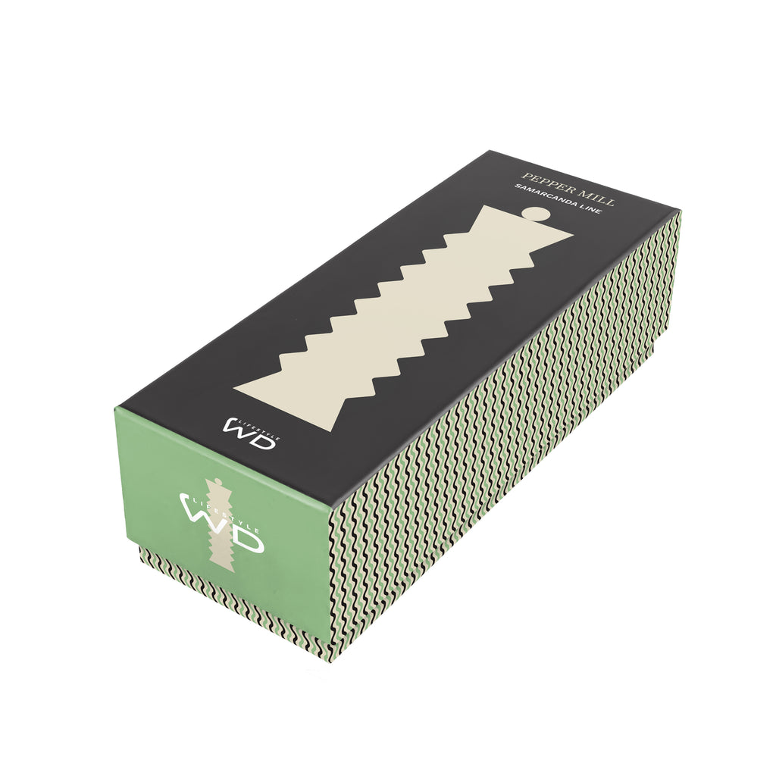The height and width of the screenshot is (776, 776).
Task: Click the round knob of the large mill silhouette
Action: point(537,213)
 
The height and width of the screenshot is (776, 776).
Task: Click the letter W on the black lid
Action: point(239,427)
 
